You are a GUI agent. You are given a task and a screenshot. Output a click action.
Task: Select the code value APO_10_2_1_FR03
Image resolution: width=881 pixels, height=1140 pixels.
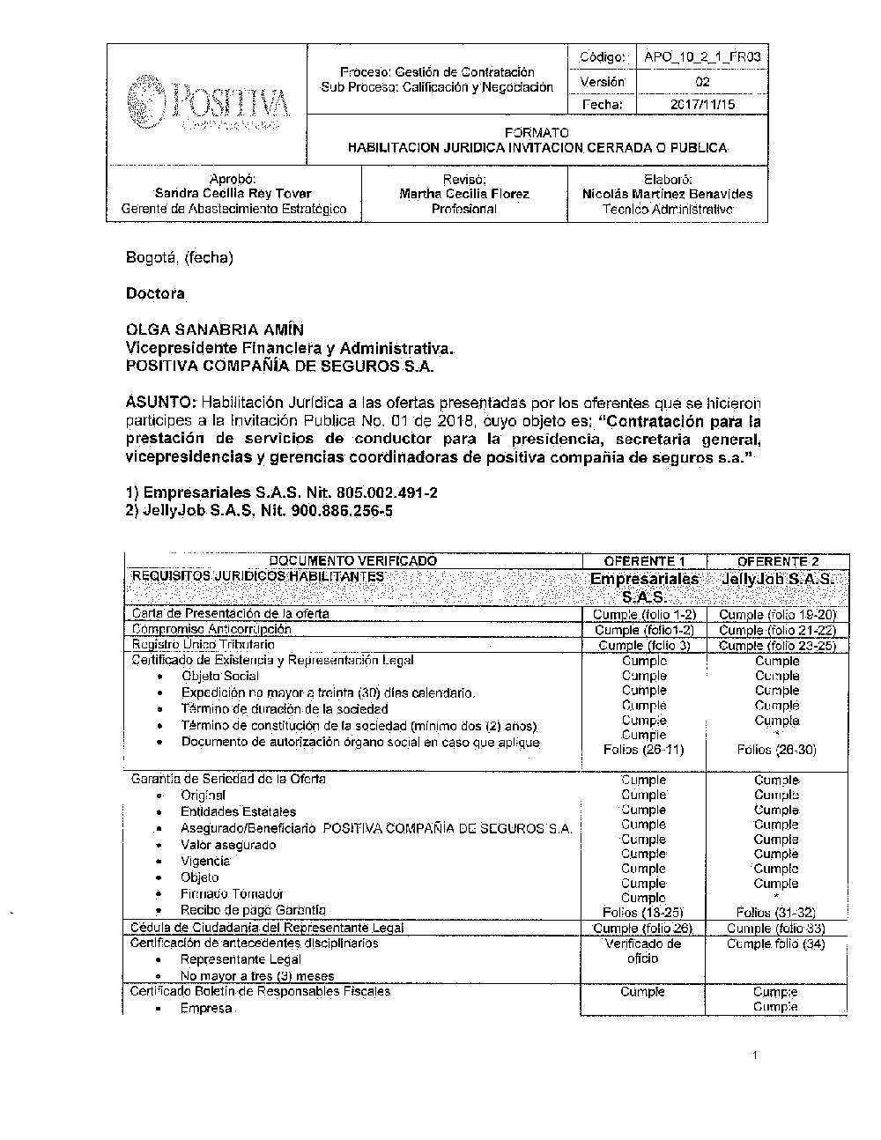click(x=701, y=57)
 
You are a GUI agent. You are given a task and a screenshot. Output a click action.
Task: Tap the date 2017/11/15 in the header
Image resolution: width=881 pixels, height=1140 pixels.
click(x=702, y=105)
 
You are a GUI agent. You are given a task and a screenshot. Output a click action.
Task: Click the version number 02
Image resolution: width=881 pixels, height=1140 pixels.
click(x=702, y=82)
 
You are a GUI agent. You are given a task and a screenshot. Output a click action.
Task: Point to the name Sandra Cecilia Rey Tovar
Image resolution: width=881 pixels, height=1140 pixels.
click(x=233, y=193)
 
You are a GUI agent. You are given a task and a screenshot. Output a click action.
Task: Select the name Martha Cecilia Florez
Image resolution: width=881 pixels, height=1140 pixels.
click(x=464, y=193)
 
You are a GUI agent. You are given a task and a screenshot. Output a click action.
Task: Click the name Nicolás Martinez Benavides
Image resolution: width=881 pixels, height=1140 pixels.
click(x=667, y=193)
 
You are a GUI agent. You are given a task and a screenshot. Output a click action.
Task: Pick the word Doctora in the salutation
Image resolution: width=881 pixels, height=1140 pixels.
click(x=155, y=292)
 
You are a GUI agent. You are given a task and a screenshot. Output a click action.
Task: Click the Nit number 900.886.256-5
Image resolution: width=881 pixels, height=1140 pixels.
click(x=338, y=510)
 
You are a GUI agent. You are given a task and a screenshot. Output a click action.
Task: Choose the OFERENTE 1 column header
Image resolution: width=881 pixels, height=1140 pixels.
click(x=644, y=561)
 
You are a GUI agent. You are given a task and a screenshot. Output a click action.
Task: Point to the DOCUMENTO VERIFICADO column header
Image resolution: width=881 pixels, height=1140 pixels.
click(x=352, y=561)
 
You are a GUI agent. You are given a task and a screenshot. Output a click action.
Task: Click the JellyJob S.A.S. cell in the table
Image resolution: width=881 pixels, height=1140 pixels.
click(x=777, y=580)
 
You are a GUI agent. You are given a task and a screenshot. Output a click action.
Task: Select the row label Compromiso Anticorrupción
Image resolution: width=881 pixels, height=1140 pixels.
click(x=211, y=629)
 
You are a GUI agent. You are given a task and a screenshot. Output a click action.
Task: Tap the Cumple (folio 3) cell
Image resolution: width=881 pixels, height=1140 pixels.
click(x=643, y=645)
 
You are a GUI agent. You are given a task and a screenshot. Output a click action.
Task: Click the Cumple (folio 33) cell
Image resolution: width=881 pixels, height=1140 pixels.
click(x=776, y=928)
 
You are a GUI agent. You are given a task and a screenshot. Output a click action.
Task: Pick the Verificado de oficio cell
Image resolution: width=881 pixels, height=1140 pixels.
click(x=643, y=951)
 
